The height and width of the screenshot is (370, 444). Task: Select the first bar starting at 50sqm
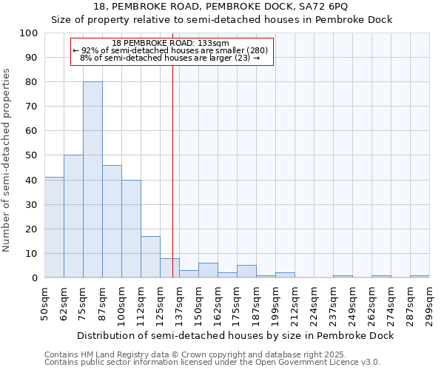[x=54, y=227]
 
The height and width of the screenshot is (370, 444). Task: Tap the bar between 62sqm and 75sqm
[x=73, y=216]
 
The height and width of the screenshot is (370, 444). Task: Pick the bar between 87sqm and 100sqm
[x=112, y=221]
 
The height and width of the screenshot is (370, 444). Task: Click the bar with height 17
[x=150, y=257]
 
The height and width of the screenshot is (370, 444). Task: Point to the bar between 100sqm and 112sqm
[x=131, y=229]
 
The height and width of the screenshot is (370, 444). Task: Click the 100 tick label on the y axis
[x=30, y=33]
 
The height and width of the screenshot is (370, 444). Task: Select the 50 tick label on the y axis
[x=33, y=155]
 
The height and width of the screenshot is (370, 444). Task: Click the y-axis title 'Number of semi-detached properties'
[x=7, y=159]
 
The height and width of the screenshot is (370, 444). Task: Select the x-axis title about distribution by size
[x=235, y=335]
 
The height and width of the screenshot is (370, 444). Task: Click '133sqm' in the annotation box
[x=214, y=44]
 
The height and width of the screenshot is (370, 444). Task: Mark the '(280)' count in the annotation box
[x=257, y=50]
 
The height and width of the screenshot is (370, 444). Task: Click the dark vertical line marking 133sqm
[x=172, y=185]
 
